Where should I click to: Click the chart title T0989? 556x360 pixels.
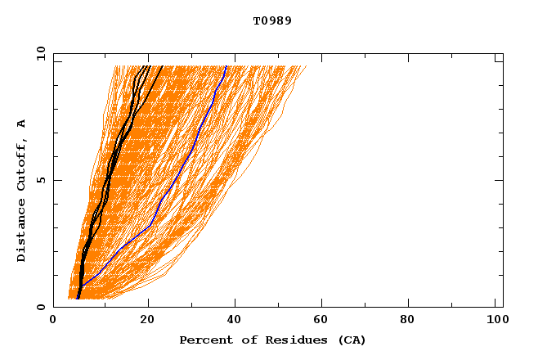(x=272, y=20)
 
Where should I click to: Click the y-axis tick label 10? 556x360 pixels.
(x=40, y=52)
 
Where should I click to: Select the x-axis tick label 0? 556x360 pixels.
(x=53, y=321)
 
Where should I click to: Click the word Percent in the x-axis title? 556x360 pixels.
(x=202, y=340)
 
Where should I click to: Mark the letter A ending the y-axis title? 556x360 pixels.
(x=22, y=124)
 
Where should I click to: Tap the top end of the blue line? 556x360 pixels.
(x=226, y=66)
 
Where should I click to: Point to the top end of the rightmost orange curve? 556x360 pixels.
(x=307, y=66)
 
